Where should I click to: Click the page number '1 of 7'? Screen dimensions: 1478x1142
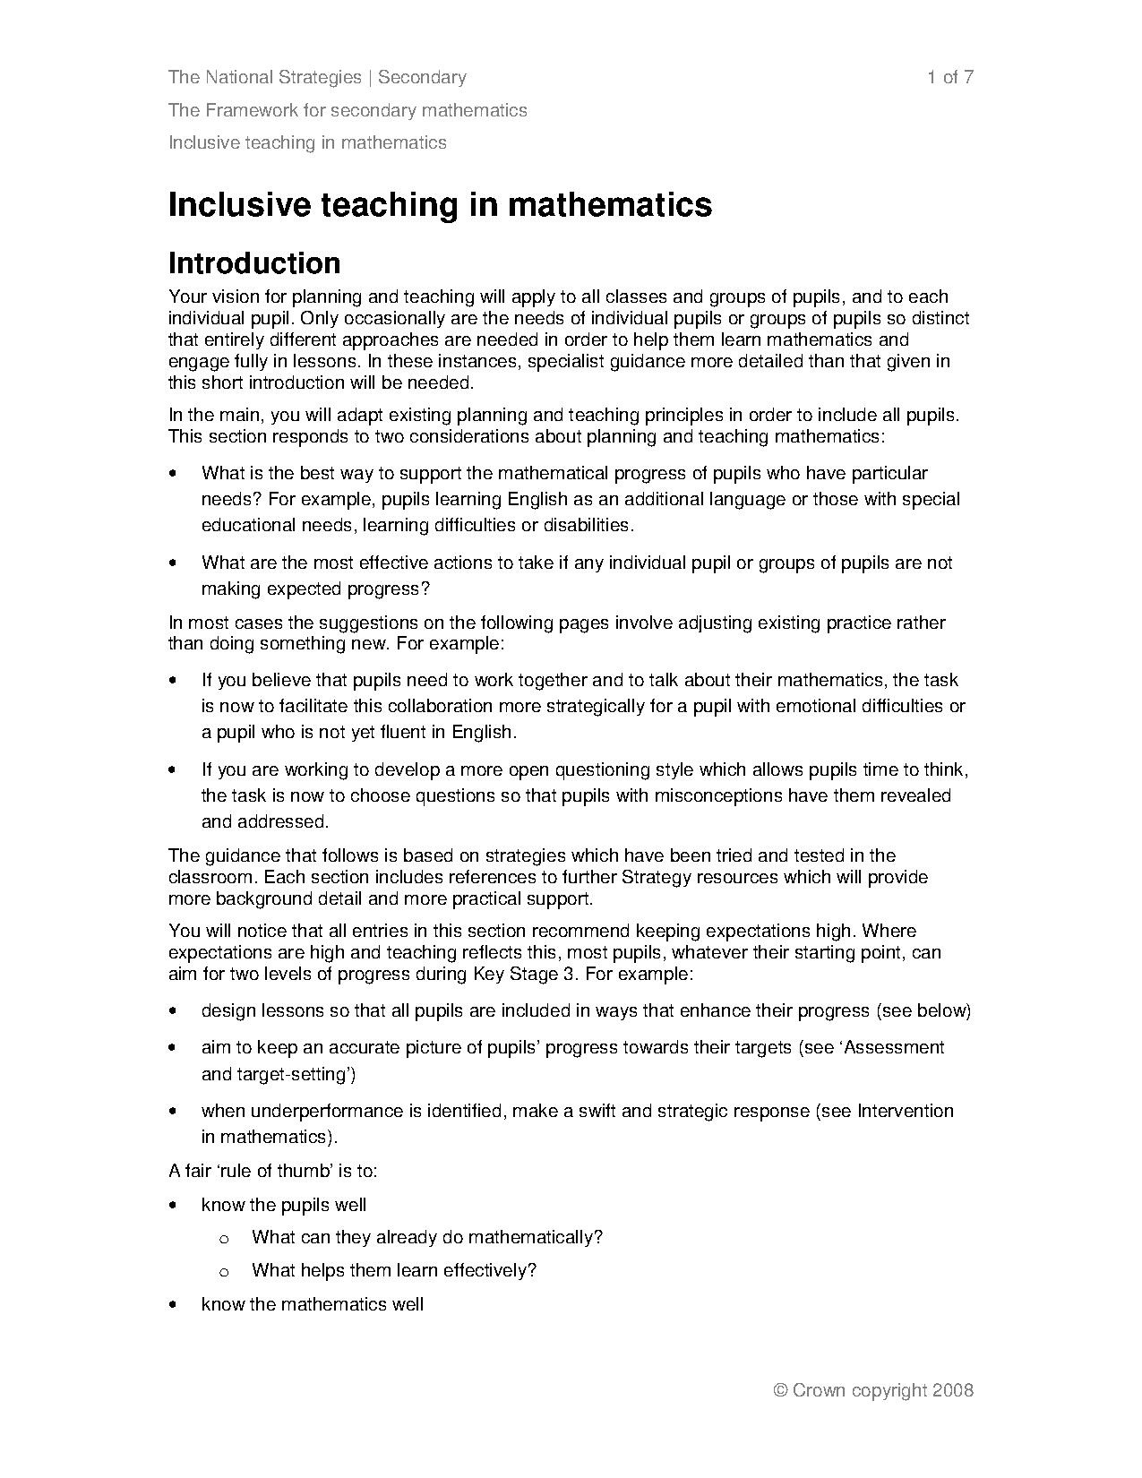pyautogui.click(x=950, y=77)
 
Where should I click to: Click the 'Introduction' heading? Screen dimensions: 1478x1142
pyautogui.click(x=254, y=263)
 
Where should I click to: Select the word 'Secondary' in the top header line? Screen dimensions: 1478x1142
pyautogui.click(x=422, y=77)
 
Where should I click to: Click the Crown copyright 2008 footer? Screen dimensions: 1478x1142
pyautogui.click(x=872, y=1390)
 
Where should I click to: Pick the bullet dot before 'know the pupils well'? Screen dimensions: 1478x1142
pyautogui.click(x=173, y=1206)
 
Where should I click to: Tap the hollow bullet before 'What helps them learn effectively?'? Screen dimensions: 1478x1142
pyautogui.click(x=224, y=1271)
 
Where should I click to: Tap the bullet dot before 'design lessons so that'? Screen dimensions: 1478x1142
pyautogui.click(x=173, y=1011)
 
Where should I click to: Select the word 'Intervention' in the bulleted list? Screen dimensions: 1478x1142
pyautogui.click(x=906, y=1111)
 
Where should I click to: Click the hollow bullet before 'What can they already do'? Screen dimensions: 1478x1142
pyautogui.click(x=224, y=1238)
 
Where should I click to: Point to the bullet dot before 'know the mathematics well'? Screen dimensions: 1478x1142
pyautogui.click(x=173, y=1305)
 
